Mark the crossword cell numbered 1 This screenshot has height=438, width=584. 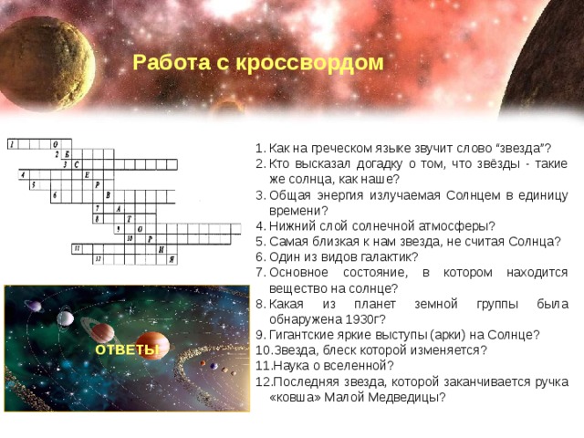pos(12,144)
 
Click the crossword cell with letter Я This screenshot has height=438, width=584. pos(172,260)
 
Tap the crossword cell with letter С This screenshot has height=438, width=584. pos(77,165)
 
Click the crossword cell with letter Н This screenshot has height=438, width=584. pos(161,248)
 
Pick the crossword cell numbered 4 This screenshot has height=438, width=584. pos(23,175)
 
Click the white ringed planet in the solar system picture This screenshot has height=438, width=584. pos(66,318)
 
